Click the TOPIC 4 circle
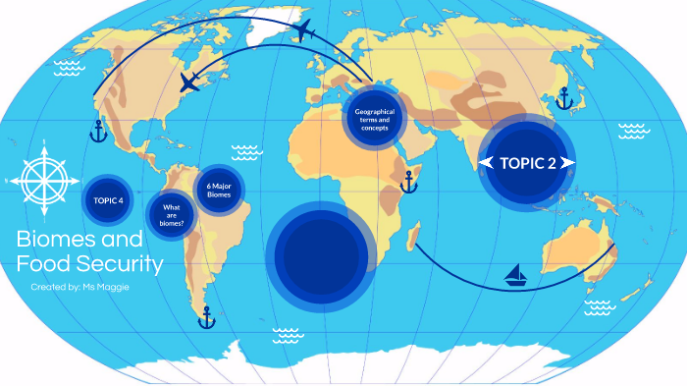[x=108, y=200]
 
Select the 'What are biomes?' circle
[x=173, y=215]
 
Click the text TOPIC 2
[x=527, y=163]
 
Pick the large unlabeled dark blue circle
[x=321, y=253]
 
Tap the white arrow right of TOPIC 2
[x=568, y=163]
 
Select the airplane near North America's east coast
[x=188, y=83]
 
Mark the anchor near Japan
[x=563, y=98]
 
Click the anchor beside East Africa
[x=409, y=181]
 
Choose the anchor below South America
[x=206, y=316]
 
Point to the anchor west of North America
[x=97, y=130]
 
